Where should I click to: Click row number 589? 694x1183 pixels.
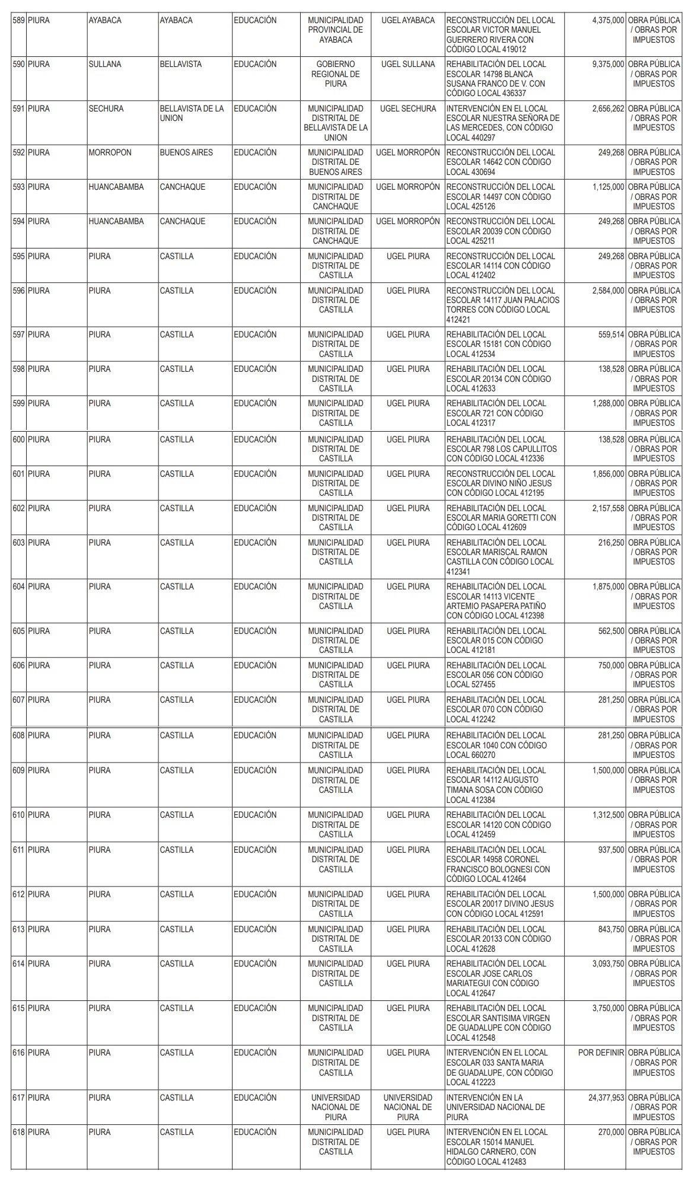[18, 21]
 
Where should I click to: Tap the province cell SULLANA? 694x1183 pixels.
[105, 65]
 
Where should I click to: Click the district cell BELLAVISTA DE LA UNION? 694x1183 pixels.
[192, 113]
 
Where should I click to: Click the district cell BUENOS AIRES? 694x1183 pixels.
[186, 153]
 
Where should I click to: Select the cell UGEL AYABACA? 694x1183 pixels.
[408, 21]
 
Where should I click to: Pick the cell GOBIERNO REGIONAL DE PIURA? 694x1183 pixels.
[335, 74]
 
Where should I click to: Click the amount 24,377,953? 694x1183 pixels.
[606, 1098]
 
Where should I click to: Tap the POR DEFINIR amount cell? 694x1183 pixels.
[601, 1053]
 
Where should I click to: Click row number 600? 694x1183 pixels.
[19, 440]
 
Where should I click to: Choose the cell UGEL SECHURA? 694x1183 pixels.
[408, 109]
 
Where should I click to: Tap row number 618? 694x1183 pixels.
[19, 1133]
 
